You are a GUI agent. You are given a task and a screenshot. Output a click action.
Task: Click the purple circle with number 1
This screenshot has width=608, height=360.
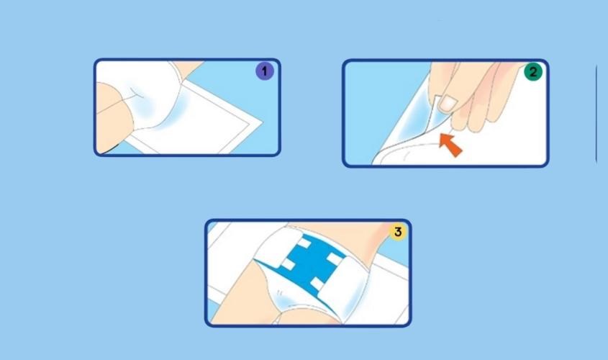[265, 71]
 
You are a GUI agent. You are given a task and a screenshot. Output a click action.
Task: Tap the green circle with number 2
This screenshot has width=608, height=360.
[532, 71]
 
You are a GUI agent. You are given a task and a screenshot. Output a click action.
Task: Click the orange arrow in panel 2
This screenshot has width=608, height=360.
[451, 143]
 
